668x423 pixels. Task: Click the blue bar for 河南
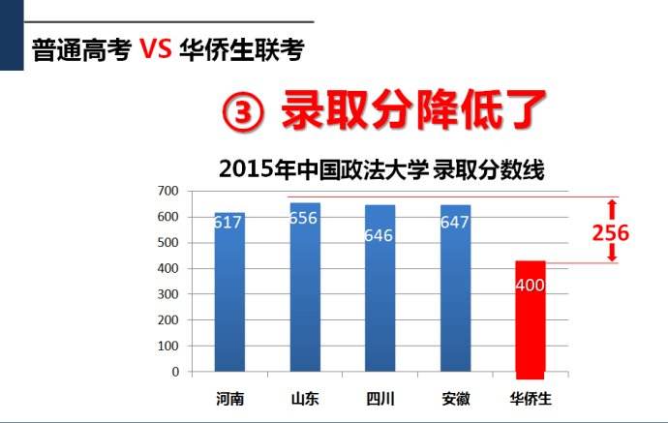pos(229,300)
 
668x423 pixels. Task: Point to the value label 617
pos(229,223)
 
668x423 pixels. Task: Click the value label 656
pos(304,218)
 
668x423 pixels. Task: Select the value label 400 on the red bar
pos(531,287)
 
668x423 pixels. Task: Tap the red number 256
pos(611,233)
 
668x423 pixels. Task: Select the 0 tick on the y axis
pos(175,372)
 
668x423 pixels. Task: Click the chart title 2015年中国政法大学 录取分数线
pos(381,169)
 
